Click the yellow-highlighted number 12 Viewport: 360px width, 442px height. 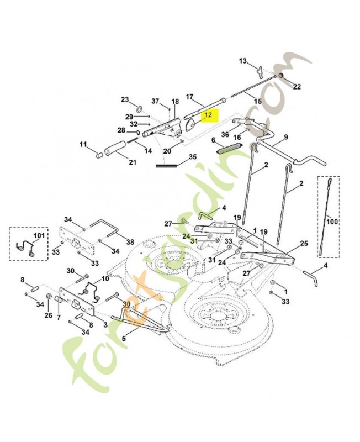208,115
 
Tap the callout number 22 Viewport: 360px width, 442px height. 297,86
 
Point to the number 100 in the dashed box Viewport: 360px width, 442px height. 331,222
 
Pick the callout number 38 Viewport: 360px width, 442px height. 130,242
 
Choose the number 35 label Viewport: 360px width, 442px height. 193,157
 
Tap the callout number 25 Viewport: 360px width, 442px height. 304,243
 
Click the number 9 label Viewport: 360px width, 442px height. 286,137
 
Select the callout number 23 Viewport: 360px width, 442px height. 125,99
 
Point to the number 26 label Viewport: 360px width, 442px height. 48,316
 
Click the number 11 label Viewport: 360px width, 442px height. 83,145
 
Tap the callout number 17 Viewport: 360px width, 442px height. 190,97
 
